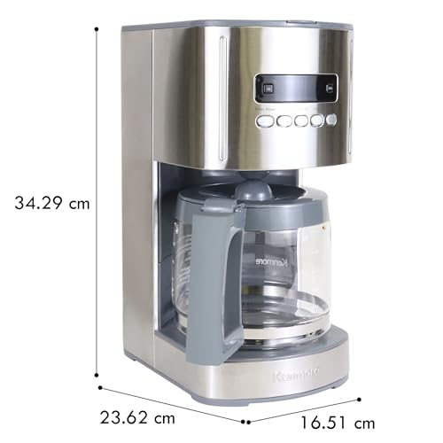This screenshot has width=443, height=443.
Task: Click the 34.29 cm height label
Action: [x=51, y=203]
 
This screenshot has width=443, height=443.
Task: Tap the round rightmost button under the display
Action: [x=331, y=119]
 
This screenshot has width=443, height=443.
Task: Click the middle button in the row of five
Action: [x=300, y=121]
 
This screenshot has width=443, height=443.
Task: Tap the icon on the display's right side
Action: [x=330, y=86]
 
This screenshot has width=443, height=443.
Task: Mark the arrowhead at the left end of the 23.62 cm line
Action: [x=100, y=387]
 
